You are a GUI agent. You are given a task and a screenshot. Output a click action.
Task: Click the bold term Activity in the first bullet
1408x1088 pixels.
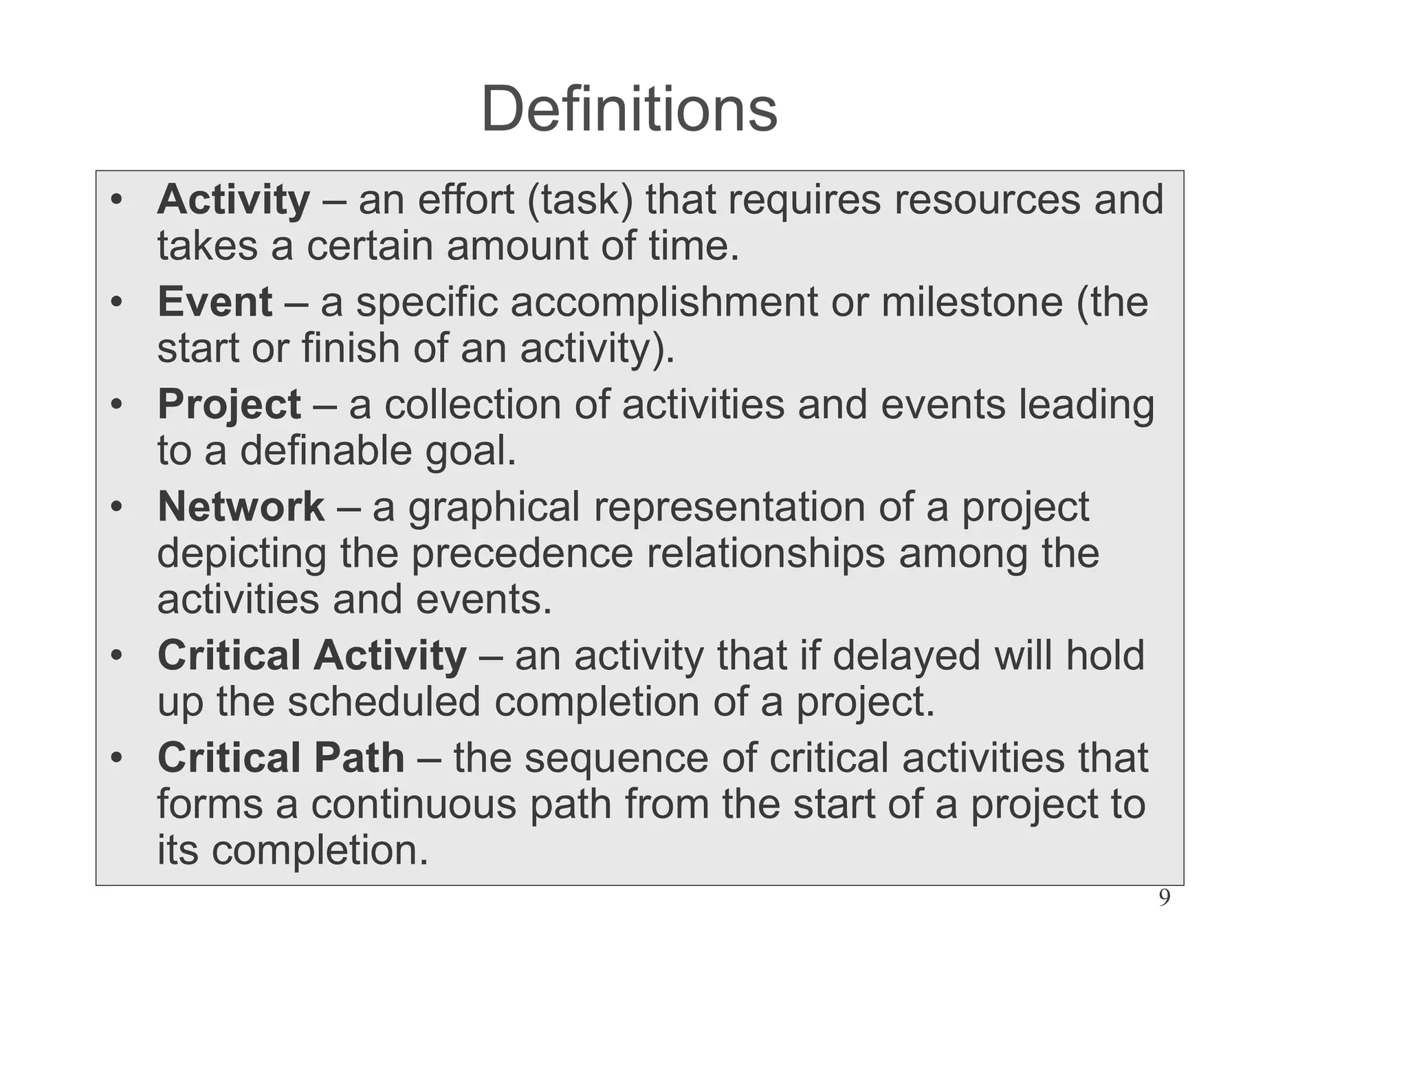point(233,200)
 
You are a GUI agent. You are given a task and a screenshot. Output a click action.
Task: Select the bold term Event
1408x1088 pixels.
point(214,303)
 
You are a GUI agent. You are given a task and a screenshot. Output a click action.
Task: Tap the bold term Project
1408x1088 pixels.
point(229,405)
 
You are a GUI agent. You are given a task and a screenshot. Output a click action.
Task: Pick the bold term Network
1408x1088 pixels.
point(241,508)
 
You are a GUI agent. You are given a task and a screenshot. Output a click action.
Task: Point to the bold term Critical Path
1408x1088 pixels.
point(280,759)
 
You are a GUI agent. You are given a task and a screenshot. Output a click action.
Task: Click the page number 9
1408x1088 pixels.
point(1164,898)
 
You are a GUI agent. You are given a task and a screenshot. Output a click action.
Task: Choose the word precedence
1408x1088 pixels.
point(522,554)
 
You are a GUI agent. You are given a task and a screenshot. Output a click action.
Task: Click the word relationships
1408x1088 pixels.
point(765,554)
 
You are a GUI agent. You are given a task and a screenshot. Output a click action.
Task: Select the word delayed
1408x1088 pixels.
point(906,656)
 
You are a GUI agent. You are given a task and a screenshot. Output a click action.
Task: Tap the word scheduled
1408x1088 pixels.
point(384,702)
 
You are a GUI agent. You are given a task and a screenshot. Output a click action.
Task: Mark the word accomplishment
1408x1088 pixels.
point(663,303)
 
